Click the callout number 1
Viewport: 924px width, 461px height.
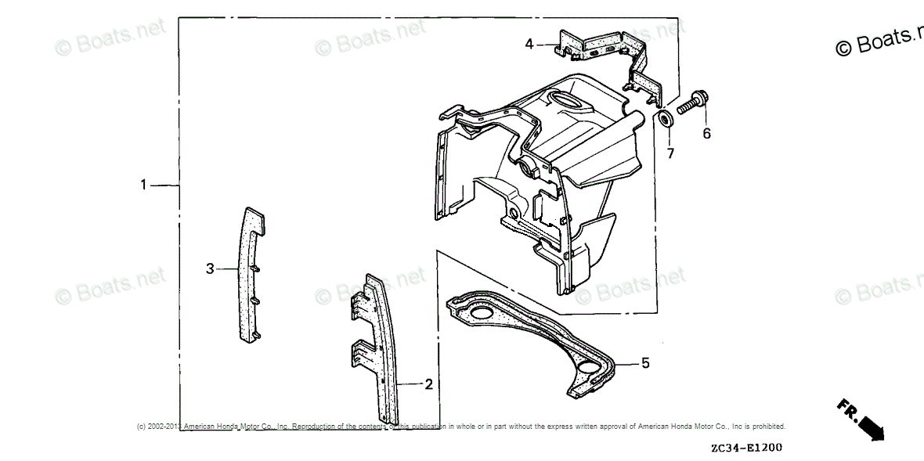pyautogui.click(x=143, y=185)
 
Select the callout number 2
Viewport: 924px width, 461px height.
pyautogui.click(x=428, y=384)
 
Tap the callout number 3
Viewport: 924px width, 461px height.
pyautogui.click(x=210, y=269)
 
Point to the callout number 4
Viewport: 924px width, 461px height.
pyautogui.click(x=529, y=45)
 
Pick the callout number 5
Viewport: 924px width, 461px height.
pyautogui.click(x=645, y=363)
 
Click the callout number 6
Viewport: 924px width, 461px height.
pyautogui.click(x=706, y=134)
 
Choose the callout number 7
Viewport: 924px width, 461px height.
pyautogui.click(x=670, y=153)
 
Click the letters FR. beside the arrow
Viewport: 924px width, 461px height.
pyautogui.click(x=846, y=409)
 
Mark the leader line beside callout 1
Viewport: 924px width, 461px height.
pyautogui.click(x=164, y=185)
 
